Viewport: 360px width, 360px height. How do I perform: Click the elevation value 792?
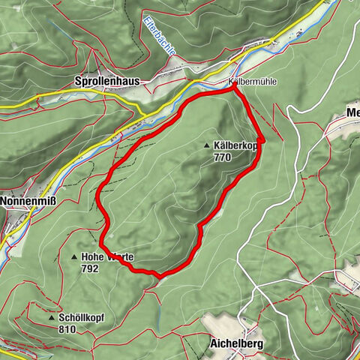coord(90,268)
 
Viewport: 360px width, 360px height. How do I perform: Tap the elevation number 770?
coord(223,157)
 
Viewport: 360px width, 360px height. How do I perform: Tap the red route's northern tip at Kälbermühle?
coord(233,85)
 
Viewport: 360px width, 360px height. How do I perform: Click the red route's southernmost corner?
coord(160,275)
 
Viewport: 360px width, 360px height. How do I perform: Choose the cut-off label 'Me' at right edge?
coord(352,112)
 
